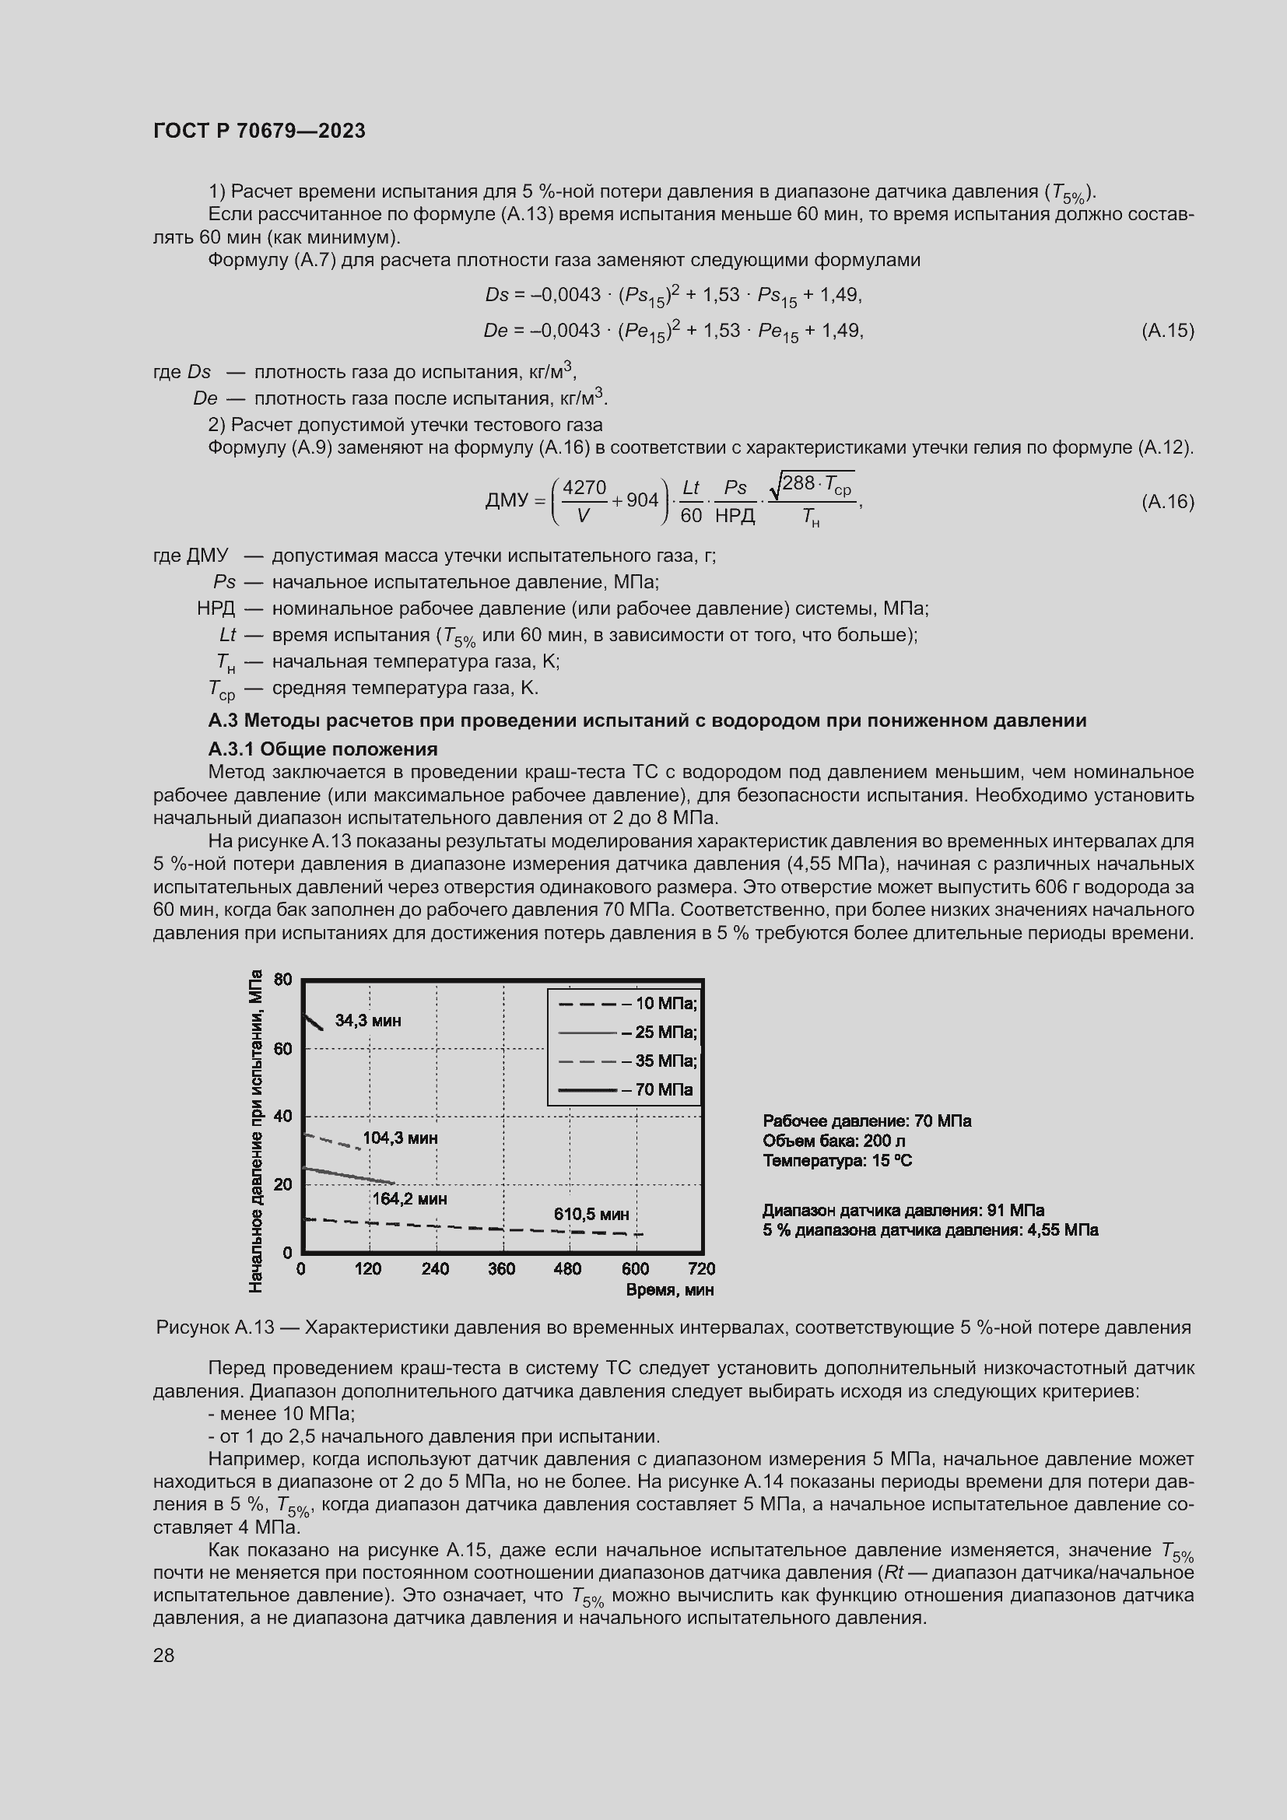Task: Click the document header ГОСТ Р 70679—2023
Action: [x=259, y=131]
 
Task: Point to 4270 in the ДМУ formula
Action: [x=584, y=486]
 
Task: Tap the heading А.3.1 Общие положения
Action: [x=323, y=749]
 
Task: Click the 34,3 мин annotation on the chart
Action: [x=368, y=1021]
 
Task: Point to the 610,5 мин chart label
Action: [x=591, y=1215]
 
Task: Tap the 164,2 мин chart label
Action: [x=409, y=1198]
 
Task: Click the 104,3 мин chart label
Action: [x=400, y=1138]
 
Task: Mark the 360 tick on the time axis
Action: [x=502, y=1269]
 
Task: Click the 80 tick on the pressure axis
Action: [x=283, y=980]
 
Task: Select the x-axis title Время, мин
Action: [x=670, y=1290]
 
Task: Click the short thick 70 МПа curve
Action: [x=313, y=1022]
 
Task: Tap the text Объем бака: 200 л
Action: [x=833, y=1141]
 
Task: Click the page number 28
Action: [x=163, y=1655]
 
